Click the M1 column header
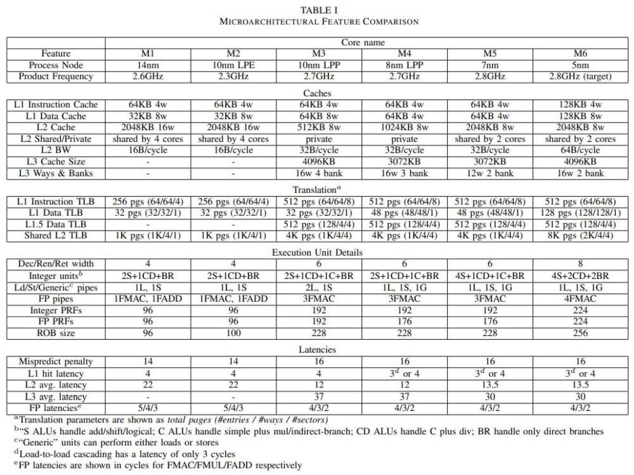pyautogui.click(x=147, y=53)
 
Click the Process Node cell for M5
pyautogui.click(x=489, y=65)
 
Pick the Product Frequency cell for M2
pyautogui.click(x=233, y=76)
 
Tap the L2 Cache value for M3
pyautogui.click(x=319, y=127)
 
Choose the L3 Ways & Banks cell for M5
pyautogui.click(x=489, y=173)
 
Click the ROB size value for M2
pyautogui.click(x=233, y=332)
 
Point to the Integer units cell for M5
pyautogui.click(x=489, y=275)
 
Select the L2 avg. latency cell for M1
pyautogui.click(x=147, y=384)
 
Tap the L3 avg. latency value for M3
pyautogui.click(x=319, y=396)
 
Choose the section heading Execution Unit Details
pyautogui.click(x=317, y=252)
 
